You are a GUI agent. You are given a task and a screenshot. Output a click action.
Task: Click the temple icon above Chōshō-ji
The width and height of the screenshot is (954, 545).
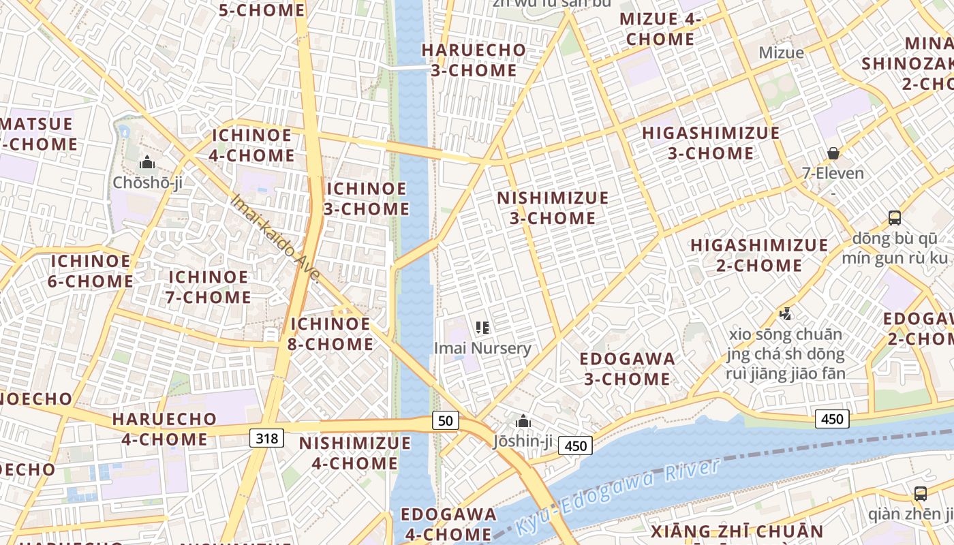tap(147, 162)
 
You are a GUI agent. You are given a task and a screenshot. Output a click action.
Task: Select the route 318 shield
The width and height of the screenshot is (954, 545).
tap(266, 438)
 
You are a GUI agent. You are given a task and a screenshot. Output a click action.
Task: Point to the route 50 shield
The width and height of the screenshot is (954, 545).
tap(445, 421)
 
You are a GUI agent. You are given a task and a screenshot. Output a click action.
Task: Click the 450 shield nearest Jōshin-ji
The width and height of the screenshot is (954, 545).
tap(576, 446)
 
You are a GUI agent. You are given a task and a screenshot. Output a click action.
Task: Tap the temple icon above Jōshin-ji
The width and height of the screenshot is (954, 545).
tap(523, 422)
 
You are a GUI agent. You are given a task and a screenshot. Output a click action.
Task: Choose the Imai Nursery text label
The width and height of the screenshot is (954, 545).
tap(482, 348)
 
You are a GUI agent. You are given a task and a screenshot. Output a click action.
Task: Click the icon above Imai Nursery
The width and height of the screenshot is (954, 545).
tap(482, 328)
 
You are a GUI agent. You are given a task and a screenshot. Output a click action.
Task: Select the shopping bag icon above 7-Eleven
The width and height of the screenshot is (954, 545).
tap(833, 153)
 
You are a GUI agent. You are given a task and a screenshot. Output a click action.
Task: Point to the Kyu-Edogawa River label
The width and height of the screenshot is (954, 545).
tap(617, 496)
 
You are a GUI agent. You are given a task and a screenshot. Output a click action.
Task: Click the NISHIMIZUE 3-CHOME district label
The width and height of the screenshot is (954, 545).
tap(553, 208)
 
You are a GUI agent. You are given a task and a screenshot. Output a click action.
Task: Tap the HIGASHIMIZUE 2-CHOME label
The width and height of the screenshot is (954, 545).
tap(760, 255)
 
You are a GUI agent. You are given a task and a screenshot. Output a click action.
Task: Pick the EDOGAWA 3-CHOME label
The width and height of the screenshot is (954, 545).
tap(627, 368)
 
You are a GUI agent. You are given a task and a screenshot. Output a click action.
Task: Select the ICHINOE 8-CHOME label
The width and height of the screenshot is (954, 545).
tap(330, 333)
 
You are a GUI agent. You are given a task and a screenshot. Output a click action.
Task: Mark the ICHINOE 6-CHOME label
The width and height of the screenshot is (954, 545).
tap(91, 270)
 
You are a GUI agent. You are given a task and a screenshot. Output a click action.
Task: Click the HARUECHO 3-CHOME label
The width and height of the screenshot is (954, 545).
tap(474, 60)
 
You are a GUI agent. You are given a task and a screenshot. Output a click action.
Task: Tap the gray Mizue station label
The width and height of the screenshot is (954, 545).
tap(781, 52)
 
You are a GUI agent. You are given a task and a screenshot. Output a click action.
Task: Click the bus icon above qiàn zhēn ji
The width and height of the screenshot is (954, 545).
tap(920, 494)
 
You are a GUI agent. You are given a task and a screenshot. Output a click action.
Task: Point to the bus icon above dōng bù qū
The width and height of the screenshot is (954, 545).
tap(895, 218)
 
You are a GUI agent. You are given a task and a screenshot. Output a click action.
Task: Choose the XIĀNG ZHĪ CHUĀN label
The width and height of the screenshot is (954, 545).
tap(737, 531)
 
